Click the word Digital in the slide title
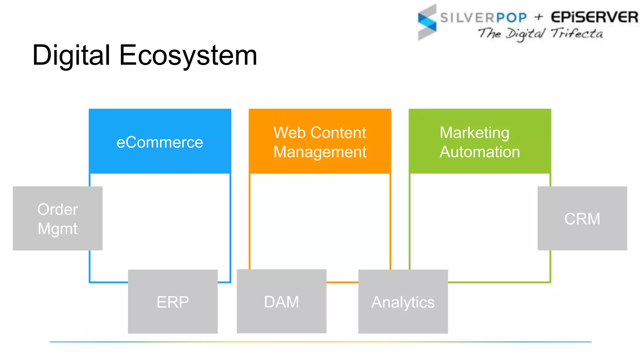point(71,56)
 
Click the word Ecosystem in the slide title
point(188,56)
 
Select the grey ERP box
point(173,302)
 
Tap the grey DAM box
point(282,302)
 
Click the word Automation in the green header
point(480,152)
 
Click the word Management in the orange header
point(320,152)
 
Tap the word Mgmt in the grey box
point(57,228)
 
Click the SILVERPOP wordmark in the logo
point(483,17)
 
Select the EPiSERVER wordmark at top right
point(594,17)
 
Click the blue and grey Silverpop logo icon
point(427,22)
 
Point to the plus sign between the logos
point(539,17)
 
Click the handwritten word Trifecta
point(577,33)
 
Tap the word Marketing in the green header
point(474,132)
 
